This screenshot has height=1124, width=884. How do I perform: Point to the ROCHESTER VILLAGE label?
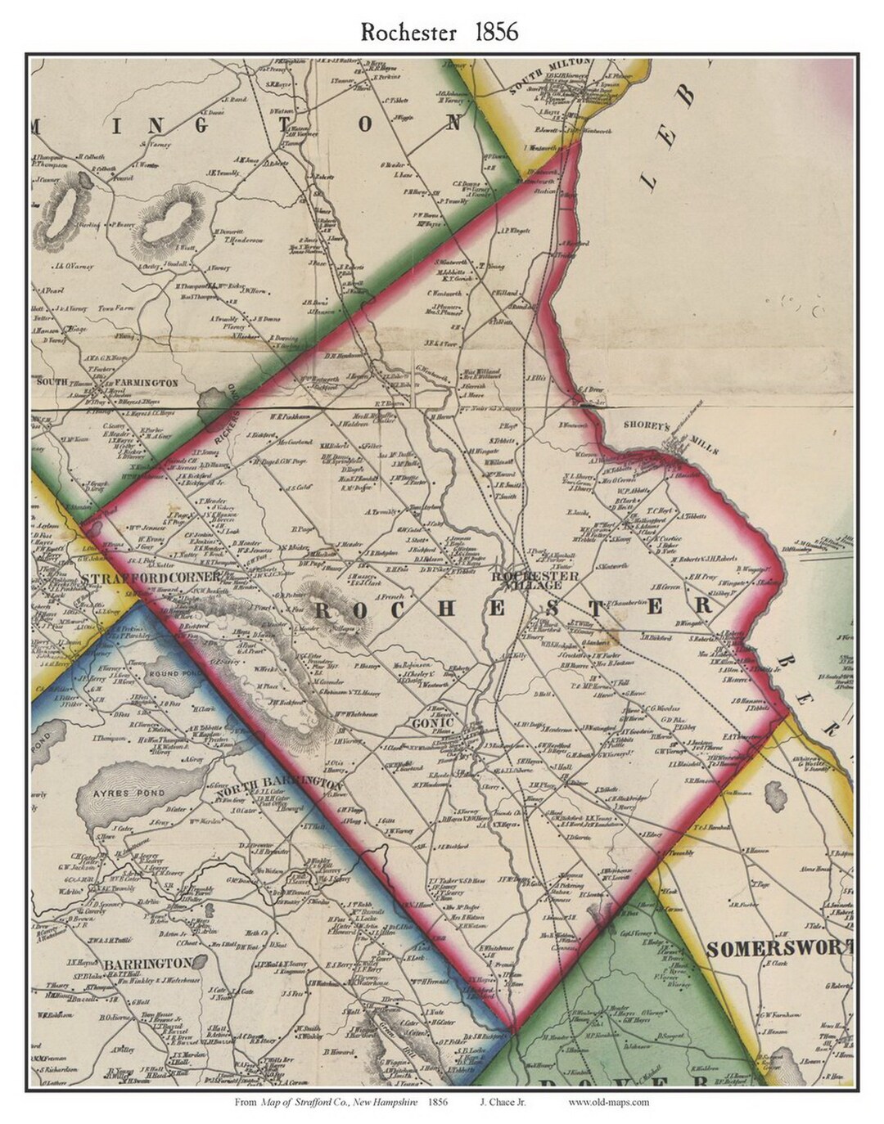coord(535,580)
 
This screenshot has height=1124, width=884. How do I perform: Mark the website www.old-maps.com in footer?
coord(608,1102)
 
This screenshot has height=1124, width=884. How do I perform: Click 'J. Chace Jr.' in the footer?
coord(502,1102)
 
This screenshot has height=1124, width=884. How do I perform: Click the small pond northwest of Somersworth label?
coord(773,792)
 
